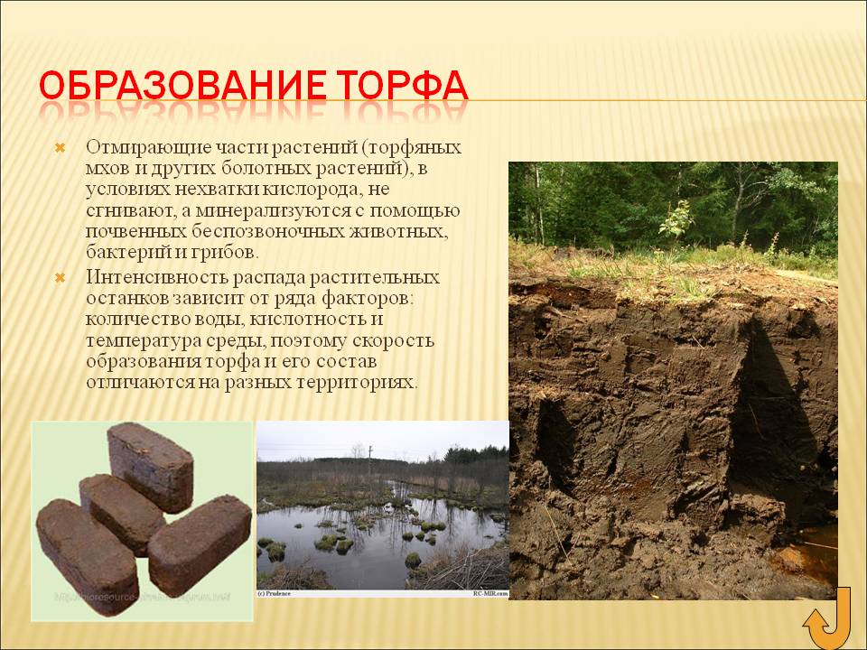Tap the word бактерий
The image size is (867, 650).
click(121, 254)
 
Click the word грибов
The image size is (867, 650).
click(232, 254)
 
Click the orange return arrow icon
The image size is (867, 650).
click(826, 618)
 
